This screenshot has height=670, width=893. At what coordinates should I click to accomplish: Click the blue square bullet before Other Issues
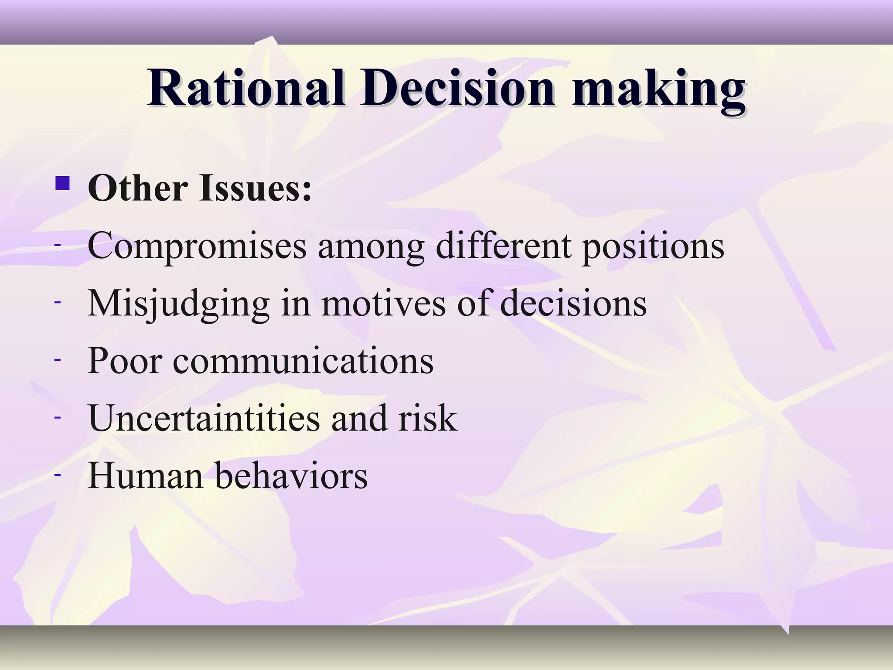click(63, 183)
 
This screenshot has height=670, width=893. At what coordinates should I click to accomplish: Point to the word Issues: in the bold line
click(256, 188)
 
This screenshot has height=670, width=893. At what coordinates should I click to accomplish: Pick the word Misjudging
click(178, 304)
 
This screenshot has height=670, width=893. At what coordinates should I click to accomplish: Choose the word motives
click(383, 304)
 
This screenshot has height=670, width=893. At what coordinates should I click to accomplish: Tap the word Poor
click(125, 361)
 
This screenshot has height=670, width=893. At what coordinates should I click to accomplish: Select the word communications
click(303, 361)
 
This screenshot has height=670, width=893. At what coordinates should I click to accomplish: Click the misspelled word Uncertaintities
click(204, 418)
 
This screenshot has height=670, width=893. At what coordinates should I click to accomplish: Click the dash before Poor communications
click(57, 359)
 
